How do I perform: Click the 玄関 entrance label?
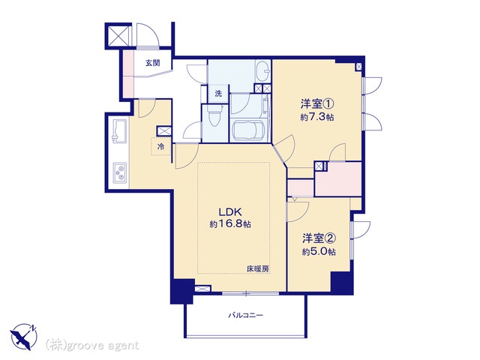point(152,63)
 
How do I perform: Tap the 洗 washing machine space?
point(218,94)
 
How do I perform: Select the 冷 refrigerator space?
point(160,147)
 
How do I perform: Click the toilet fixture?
point(214,115)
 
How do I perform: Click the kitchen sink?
point(120,130)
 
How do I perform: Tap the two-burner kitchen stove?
point(120,172)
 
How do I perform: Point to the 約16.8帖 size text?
point(230,224)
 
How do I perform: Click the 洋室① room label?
point(316,104)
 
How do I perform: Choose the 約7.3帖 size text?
point(316,117)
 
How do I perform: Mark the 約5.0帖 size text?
point(319,252)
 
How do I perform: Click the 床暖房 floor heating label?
point(258,269)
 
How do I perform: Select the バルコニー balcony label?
point(246,315)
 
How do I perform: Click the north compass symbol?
point(24,337)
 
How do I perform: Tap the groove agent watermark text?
point(92,346)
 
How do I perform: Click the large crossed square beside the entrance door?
point(118,36)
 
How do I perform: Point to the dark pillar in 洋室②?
point(342,283)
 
